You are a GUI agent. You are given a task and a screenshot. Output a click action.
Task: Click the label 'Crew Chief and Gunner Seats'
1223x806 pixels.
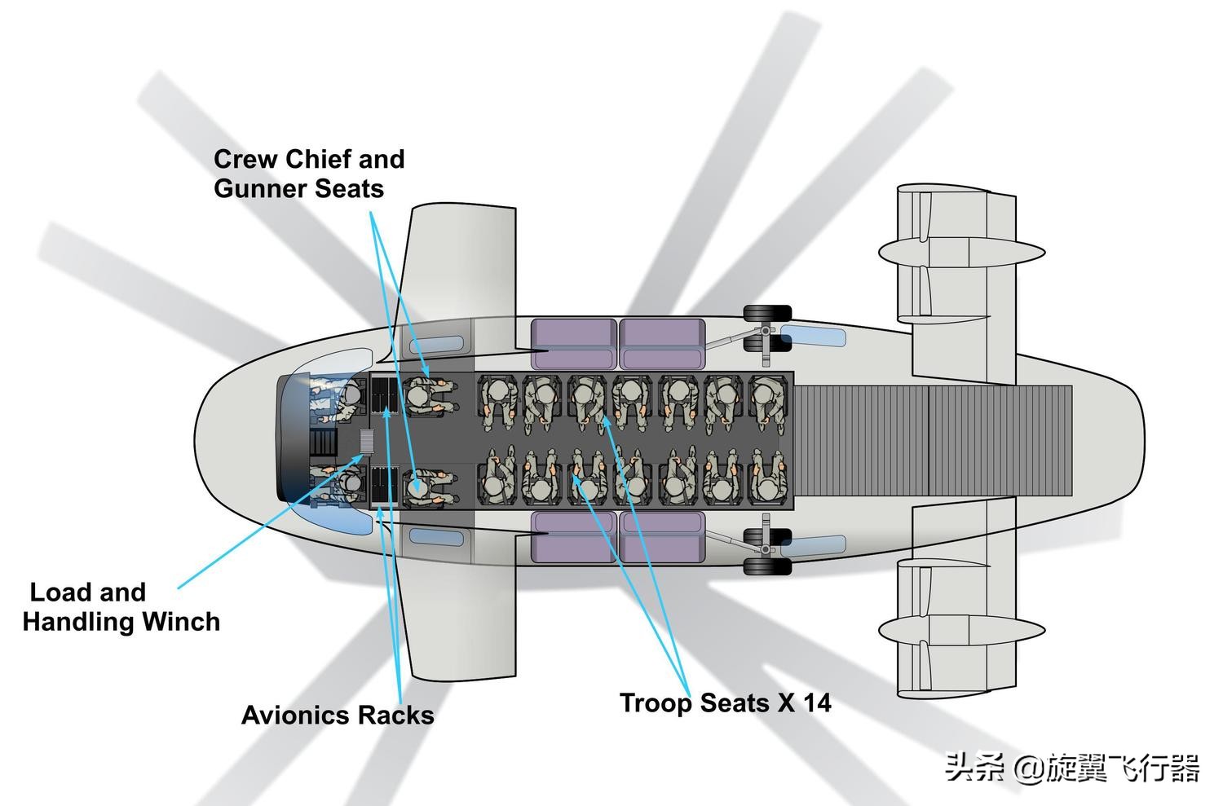point(309,174)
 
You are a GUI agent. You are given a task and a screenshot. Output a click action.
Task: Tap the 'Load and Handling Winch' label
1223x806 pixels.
point(121,606)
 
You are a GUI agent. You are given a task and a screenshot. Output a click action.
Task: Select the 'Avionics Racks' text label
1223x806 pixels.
point(338,715)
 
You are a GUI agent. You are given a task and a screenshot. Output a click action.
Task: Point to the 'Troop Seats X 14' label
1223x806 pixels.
point(725,702)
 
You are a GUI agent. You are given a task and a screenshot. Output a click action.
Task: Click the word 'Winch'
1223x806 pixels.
point(181,621)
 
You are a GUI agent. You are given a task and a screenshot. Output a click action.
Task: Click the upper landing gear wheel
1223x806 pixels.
point(766,314)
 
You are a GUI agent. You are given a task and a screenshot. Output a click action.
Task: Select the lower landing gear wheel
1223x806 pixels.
point(766,565)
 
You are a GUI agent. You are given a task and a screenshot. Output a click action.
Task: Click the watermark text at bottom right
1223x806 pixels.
point(1072,768)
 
